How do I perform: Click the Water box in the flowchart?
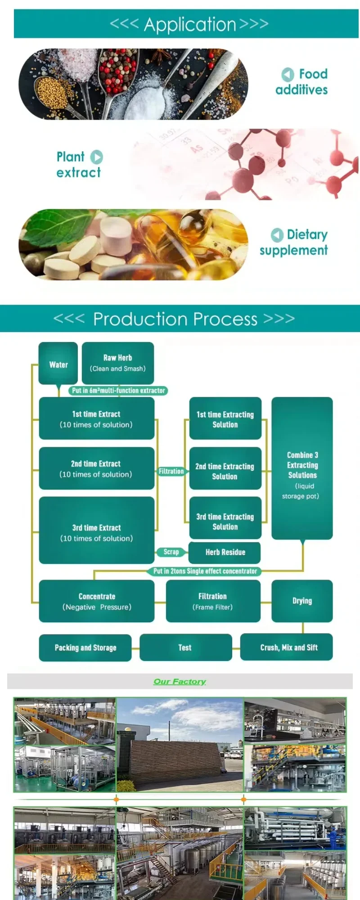click(x=58, y=364)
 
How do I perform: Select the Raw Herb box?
click(x=117, y=363)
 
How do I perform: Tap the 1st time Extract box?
click(x=96, y=418)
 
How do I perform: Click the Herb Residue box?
click(x=225, y=552)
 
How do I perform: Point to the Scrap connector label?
click(x=171, y=552)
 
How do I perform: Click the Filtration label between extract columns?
click(x=171, y=471)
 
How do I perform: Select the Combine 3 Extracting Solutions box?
click(x=302, y=468)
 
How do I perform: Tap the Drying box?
click(x=302, y=601)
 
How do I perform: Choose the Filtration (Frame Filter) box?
click(x=213, y=601)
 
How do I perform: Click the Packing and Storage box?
click(x=85, y=648)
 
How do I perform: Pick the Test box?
click(x=185, y=648)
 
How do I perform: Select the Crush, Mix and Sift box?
click(x=288, y=648)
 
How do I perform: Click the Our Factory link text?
click(x=180, y=681)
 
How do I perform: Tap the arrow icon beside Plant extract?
click(x=97, y=157)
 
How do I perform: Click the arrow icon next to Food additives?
click(x=288, y=74)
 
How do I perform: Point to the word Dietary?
click(x=307, y=234)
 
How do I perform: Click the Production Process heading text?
click(x=175, y=319)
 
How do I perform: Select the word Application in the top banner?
click(x=190, y=24)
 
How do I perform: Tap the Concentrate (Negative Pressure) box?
click(x=97, y=601)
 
